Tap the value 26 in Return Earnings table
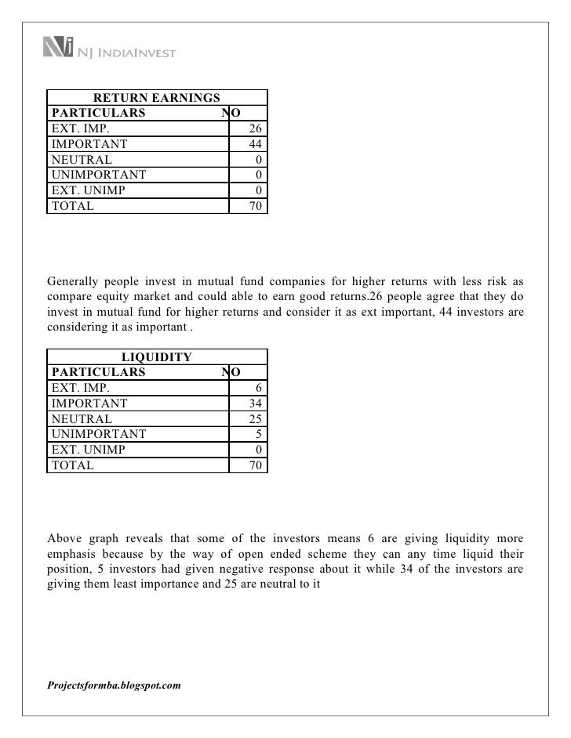256,128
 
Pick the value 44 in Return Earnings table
256,144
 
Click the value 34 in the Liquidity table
256,403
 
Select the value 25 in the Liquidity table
256,419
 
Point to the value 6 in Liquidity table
260,388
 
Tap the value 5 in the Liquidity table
260,434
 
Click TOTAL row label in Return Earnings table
72,207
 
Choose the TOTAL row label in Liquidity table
72,465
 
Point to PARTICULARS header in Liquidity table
98,372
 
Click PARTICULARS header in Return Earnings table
98,113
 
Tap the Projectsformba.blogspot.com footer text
115,685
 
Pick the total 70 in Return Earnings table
256,207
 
